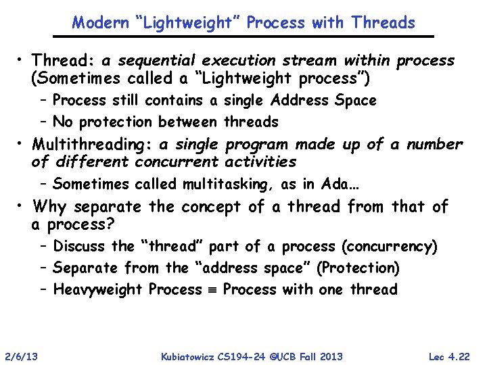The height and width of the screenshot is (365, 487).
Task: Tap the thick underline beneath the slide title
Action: pos(252,36)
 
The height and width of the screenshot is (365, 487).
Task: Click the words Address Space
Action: pos(323,101)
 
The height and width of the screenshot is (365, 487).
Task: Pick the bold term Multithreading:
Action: pos(93,145)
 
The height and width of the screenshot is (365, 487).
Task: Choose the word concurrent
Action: pos(177,162)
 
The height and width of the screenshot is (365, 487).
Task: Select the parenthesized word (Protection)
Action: pos(360,268)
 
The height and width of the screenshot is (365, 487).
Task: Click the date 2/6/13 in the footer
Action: pos(22,356)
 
